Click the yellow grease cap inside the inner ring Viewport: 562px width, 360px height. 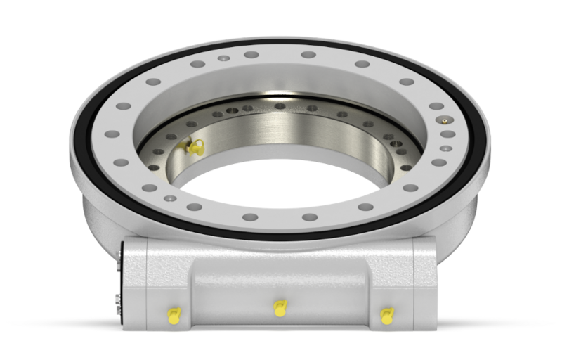[195, 147]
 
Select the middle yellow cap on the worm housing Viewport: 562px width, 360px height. [280, 308]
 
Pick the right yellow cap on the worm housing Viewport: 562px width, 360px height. [386, 316]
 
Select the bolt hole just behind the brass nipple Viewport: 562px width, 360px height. [436, 106]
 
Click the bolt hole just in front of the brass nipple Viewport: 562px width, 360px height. [447, 134]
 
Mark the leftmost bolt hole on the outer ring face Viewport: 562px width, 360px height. [110, 134]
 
